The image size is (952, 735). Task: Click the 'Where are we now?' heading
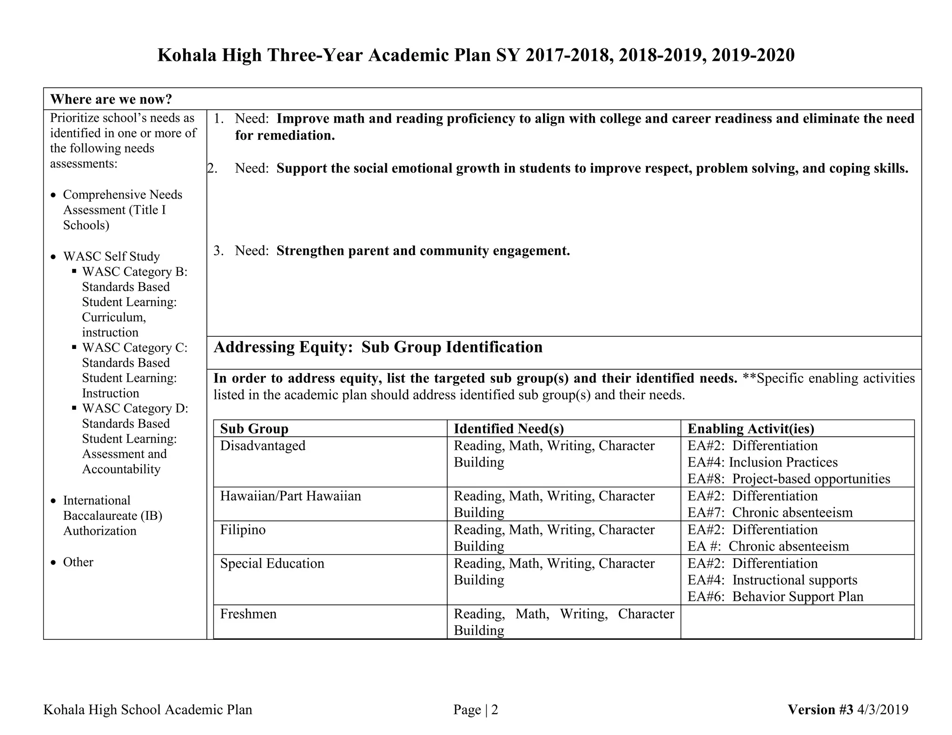111,99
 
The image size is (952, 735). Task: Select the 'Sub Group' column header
254,428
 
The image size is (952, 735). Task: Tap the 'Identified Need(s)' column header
509,428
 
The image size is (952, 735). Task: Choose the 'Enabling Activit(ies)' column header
751,428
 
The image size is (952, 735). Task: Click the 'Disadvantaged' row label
263,446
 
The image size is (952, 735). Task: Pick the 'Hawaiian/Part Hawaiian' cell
291,496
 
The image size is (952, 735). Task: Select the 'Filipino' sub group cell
243,530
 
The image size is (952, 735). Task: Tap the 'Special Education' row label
272,564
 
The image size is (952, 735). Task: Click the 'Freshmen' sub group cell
248,614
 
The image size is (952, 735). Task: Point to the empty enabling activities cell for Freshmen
797,622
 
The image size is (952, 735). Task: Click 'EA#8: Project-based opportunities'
789,479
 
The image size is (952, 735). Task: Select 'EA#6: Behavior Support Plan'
775,597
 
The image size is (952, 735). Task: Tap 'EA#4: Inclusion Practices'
762,462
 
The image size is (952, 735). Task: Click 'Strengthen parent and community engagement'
423,251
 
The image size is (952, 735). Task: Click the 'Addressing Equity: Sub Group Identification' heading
378,348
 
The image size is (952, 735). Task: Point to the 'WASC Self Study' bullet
111,256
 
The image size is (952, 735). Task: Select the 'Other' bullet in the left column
78,562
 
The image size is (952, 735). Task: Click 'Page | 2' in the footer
476,709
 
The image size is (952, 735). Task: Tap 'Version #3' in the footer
820,709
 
